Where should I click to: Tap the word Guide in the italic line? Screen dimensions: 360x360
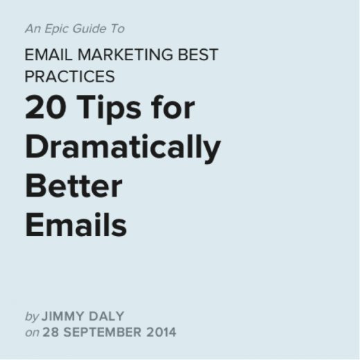click(x=87, y=29)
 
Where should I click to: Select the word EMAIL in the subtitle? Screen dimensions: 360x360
click(x=46, y=55)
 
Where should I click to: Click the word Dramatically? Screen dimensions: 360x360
click(x=123, y=147)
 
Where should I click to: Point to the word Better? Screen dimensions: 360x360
click(x=73, y=186)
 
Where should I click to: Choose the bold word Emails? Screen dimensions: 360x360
click(x=76, y=225)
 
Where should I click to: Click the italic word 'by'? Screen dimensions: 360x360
click(x=32, y=316)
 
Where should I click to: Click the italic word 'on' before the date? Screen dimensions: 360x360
click(x=32, y=332)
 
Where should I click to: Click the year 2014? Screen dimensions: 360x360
click(x=161, y=332)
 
